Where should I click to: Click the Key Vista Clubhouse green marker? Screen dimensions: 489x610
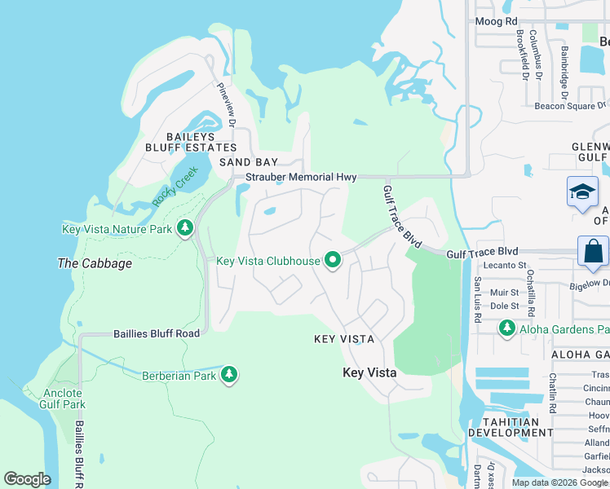click(x=333, y=261)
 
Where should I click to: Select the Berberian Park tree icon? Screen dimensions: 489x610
click(x=230, y=375)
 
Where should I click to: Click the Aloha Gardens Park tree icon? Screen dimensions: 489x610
click(x=507, y=328)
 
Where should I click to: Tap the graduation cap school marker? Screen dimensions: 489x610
click(x=582, y=193)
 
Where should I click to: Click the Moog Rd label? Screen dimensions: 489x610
click(x=497, y=21)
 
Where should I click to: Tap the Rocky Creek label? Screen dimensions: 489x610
click(x=175, y=187)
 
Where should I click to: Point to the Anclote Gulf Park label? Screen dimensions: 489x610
click(x=62, y=398)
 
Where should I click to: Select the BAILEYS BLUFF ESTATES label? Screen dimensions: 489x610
click(x=190, y=142)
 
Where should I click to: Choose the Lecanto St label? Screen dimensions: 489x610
click(x=503, y=265)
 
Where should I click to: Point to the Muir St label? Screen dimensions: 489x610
click(x=504, y=292)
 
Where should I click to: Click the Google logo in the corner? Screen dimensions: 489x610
click(x=27, y=479)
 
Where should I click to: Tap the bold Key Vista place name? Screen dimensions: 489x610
click(x=369, y=372)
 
